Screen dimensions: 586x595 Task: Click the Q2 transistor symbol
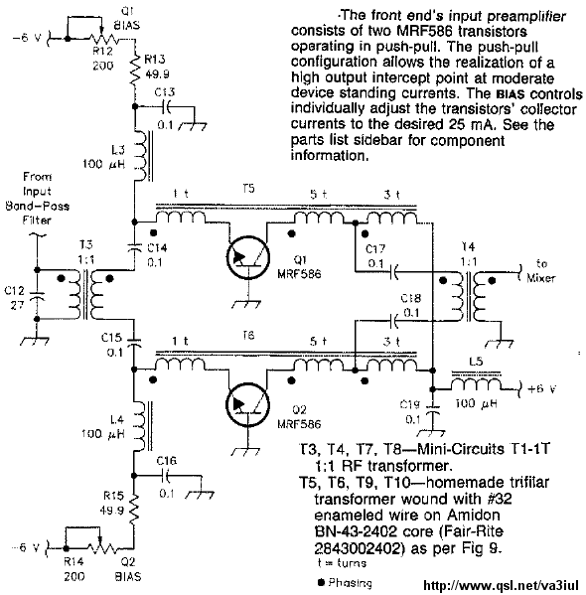coord(248,404)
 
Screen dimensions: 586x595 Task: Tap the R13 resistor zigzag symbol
coord(135,70)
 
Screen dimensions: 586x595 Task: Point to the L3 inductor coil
coord(140,156)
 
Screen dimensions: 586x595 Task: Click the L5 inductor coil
coord(476,384)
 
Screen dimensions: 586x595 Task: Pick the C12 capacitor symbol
coord(37,296)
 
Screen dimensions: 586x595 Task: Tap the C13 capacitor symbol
coord(166,107)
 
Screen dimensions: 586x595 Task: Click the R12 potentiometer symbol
coord(103,39)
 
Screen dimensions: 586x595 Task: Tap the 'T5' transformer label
coord(248,189)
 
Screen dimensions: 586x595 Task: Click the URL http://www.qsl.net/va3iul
coord(501,585)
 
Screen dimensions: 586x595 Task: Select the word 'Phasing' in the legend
coord(350,582)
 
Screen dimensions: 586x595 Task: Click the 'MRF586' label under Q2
coord(299,423)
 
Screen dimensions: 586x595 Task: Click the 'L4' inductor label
coord(117,420)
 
